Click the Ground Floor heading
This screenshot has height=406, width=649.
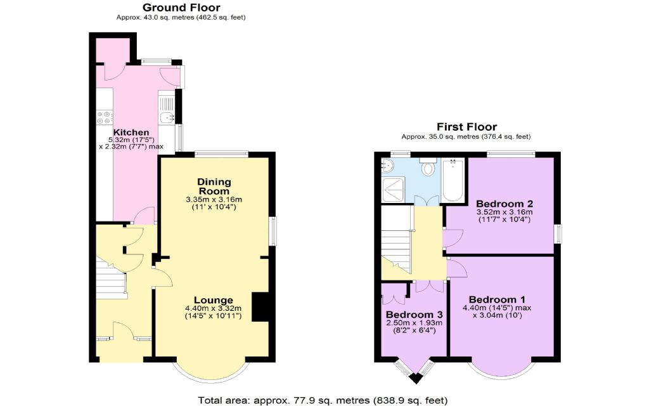[x=181, y=8]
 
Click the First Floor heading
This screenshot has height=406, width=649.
[x=466, y=127]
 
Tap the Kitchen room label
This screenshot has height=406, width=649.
[x=131, y=133]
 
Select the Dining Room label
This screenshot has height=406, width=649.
[x=214, y=187]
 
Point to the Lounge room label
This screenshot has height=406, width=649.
[x=214, y=300]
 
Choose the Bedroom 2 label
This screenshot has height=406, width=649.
[x=504, y=204]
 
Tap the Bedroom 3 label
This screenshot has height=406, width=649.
[x=414, y=315]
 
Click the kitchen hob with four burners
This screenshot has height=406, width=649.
[x=104, y=117]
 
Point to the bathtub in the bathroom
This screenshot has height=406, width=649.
[x=453, y=180]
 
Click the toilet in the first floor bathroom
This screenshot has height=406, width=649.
[x=427, y=166]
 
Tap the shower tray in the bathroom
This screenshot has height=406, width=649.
[x=393, y=189]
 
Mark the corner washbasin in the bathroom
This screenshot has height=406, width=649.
[x=387, y=166]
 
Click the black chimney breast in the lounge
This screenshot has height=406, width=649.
[x=260, y=307]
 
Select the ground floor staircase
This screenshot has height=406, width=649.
[x=112, y=277]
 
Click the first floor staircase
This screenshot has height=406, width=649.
[x=396, y=244]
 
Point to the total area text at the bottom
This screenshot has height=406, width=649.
[x=323, y=400]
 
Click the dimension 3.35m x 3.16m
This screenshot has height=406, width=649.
[x=214, y=200]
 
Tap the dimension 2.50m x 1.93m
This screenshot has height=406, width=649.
[x=414, y=323]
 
